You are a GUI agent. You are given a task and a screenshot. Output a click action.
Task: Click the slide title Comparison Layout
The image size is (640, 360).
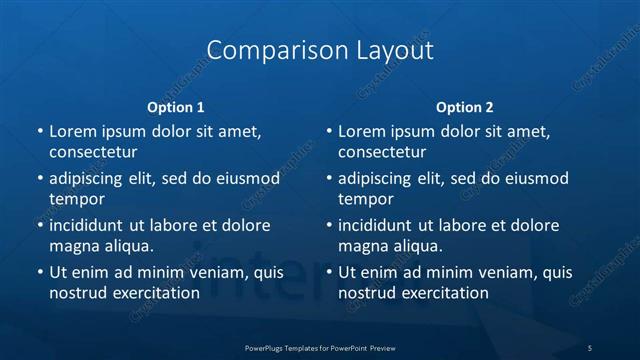(320, 50)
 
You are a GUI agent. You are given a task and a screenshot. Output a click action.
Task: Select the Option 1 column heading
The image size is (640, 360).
(176, 107)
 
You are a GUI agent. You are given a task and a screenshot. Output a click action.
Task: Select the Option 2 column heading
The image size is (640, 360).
(465, 107)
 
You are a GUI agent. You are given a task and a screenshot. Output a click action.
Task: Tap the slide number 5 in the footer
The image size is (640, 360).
(590, 347)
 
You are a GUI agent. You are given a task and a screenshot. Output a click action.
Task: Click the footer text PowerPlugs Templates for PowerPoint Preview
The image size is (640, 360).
(320, 347)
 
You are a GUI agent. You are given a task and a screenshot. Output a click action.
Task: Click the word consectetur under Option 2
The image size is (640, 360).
(382, 152)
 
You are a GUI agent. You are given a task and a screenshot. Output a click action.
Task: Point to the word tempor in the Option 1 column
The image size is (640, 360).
(77, 198)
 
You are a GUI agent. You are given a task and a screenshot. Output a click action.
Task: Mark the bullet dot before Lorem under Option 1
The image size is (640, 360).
(39, 131)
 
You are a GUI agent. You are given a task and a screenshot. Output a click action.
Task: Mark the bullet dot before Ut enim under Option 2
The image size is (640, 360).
(328, 272)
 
